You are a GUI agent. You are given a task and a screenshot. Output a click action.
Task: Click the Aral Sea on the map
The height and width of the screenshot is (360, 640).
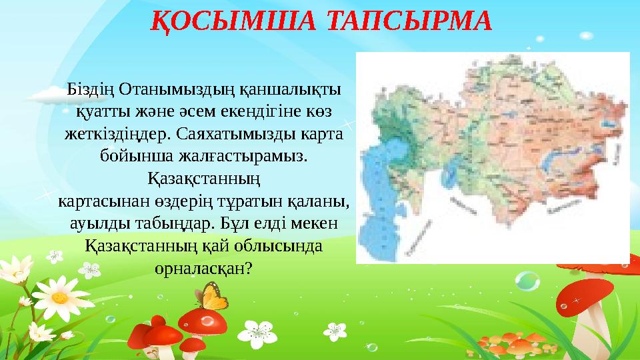coord(449,176)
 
